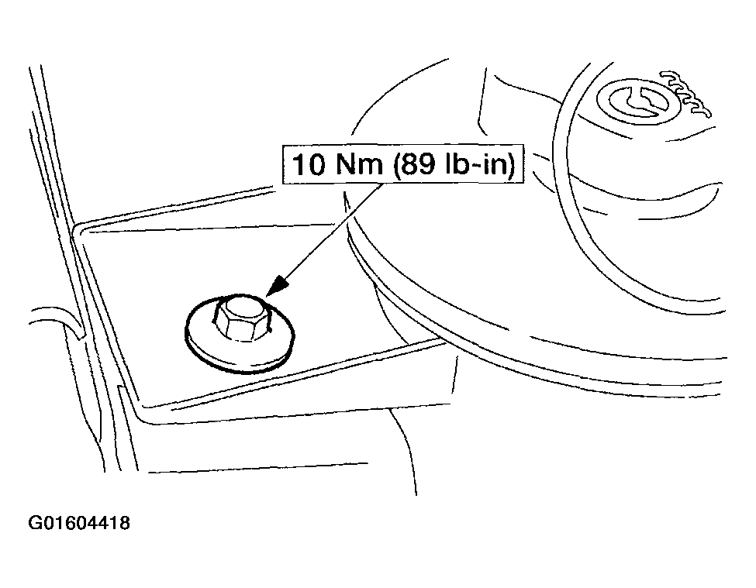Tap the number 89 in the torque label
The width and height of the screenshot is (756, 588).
click(x=416, y=164)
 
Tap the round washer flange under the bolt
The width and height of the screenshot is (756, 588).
click(x=240, y=347)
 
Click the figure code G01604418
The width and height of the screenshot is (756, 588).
click(x=79, y=523)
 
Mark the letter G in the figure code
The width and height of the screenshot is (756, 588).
click(x=35, y=523)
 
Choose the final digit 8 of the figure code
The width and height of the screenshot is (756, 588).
click(x=124, y=523)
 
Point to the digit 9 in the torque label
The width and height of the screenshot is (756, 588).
click(x=425, y=164)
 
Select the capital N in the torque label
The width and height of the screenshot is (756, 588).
click(x=346, y=164)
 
